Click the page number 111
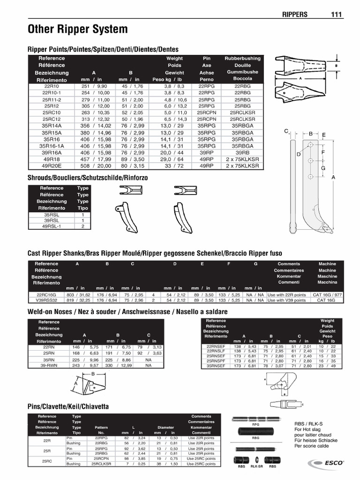337,14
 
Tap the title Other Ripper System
78,30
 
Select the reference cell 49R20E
52,165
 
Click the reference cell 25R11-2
52,100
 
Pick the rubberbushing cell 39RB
242,152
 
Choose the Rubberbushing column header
242,59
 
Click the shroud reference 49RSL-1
52,226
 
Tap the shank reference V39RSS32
46,300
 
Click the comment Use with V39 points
286,300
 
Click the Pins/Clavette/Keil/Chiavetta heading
68,406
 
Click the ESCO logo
326,464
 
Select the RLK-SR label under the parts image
256,467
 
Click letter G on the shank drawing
322,168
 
